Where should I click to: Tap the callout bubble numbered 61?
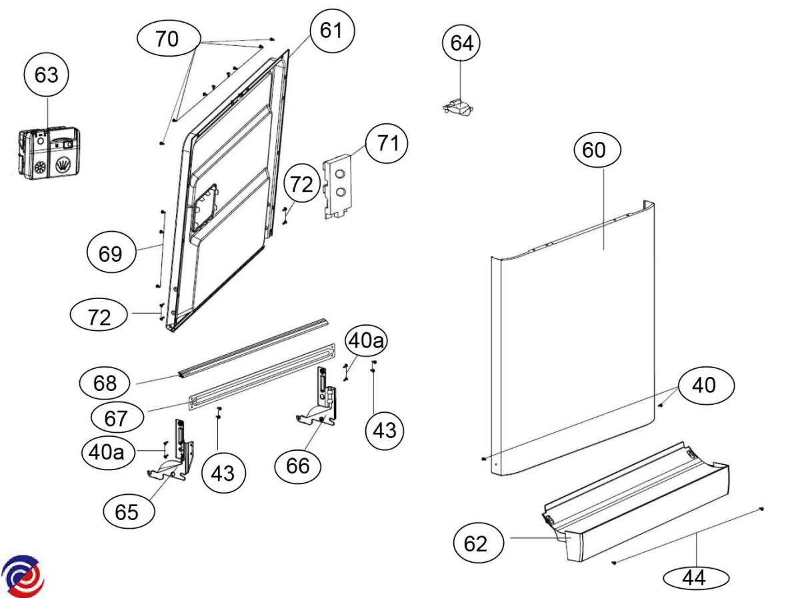(x=331, y=30)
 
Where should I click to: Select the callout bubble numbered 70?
(x=167, y=39)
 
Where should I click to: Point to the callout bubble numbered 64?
(x=462, y=43)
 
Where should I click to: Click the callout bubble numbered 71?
(x=387, y=143)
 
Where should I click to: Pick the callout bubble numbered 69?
(x=111, y=254)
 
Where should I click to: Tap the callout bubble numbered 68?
(x=105, y=383)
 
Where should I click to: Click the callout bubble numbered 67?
(x=115, y=418)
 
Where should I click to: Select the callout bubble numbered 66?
(x=299, y=465)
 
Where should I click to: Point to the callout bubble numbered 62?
(x=476, y=544)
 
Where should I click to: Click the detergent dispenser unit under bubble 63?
(x=49, y=152)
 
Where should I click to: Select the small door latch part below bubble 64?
(x=457, y=106)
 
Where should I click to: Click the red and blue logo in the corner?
(x=23, y=575)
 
